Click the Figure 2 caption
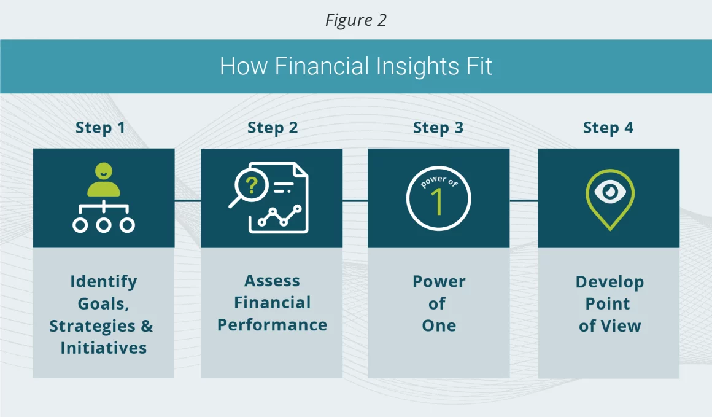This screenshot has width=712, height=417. tap(355, 20)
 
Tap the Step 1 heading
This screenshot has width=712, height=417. tap(100, 128)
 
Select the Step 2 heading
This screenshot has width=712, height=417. tap(273, 128)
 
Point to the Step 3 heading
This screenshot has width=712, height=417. tap(438, 128)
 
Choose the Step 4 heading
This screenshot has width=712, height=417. tap(608, 128)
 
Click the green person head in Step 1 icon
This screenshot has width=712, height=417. tap(104, 171)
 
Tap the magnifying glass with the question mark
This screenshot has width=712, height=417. tap(248, 188)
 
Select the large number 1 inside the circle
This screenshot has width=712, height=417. tap(436, 201)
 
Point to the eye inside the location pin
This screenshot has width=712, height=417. tap(610, 192)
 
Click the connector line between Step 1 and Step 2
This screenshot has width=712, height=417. tap(188, 200)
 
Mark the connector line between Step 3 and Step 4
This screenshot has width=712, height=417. tap(524, 200)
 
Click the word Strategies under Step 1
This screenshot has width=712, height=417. tap(92, 326)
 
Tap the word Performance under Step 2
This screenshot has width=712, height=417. tap(272, 325)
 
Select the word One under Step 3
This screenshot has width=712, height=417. tap(439, 325)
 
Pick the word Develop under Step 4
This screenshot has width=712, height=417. tap(609, 282)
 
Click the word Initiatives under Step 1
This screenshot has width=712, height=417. tap(104, 348)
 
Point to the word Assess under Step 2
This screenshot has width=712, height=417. tap(272, 281)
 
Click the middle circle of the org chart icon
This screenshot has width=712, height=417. tap(104, 225)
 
